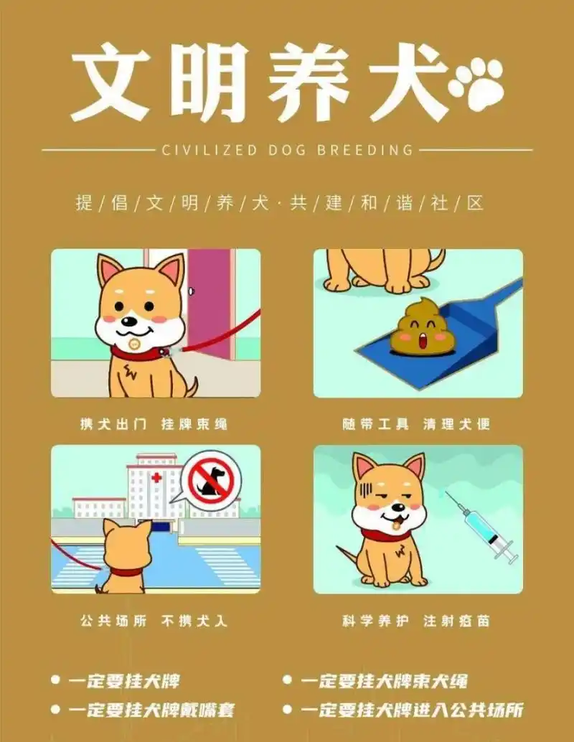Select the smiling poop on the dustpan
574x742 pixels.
(x=418, y=329)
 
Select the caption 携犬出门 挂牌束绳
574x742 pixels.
(x=154, y=423)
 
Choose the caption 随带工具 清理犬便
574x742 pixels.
(x=417, y=423)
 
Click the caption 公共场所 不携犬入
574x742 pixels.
(x=154, y=621)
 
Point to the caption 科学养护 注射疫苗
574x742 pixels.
(x=417, y=621)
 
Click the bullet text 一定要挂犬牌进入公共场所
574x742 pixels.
(x=411, y=710)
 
